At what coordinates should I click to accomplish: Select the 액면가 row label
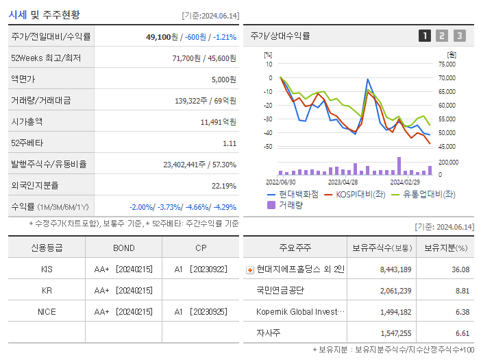[x=25, y=79]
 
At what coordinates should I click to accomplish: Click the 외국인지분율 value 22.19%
[x=223, y=186]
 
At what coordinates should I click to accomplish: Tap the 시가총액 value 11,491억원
[x=218, y=121]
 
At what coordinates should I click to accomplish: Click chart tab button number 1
[x=425, y=36]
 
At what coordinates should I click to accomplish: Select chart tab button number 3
[x=459, y=36]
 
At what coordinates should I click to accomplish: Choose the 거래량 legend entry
[x=290, y=204]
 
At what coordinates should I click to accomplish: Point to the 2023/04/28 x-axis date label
[x=343, y=182]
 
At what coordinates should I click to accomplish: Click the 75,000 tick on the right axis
[x=447, y=64]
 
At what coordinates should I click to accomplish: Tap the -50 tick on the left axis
[x=269, y=147]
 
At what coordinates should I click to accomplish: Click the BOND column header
[x=123, y=248]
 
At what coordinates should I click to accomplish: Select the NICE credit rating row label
[x=47, y=311]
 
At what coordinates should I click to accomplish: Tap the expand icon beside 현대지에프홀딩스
[x=249, y=269]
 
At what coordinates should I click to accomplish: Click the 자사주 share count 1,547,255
[x=395, y=333]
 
